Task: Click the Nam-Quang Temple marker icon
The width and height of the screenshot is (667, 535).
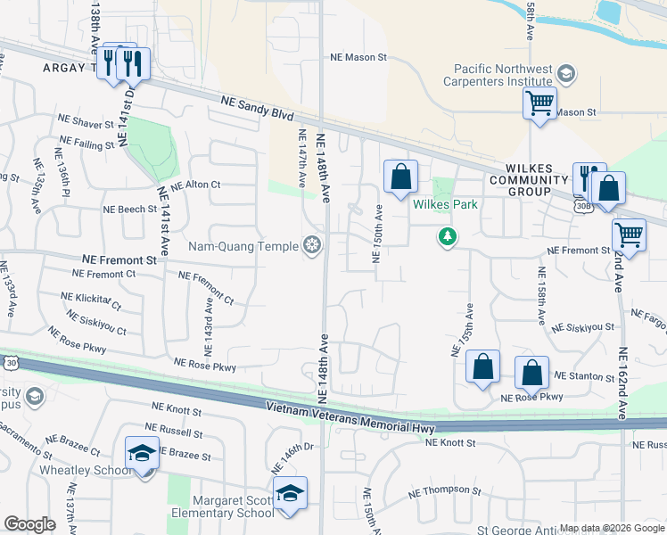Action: (x=312, y=244)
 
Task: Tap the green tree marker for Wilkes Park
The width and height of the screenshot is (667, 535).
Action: (x=447, y=237)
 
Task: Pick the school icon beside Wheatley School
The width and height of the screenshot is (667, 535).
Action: (x=142, y=453)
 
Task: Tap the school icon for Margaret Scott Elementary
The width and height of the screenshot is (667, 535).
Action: (x=289, y=493)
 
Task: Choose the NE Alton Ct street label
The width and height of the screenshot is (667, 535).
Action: (x=195, y=185)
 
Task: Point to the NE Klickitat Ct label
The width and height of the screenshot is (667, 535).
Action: (x=90, y=300)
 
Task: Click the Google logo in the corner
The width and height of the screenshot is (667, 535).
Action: (x=30, y=524)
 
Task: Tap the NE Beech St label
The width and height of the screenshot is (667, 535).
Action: (x=129, y=209)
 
